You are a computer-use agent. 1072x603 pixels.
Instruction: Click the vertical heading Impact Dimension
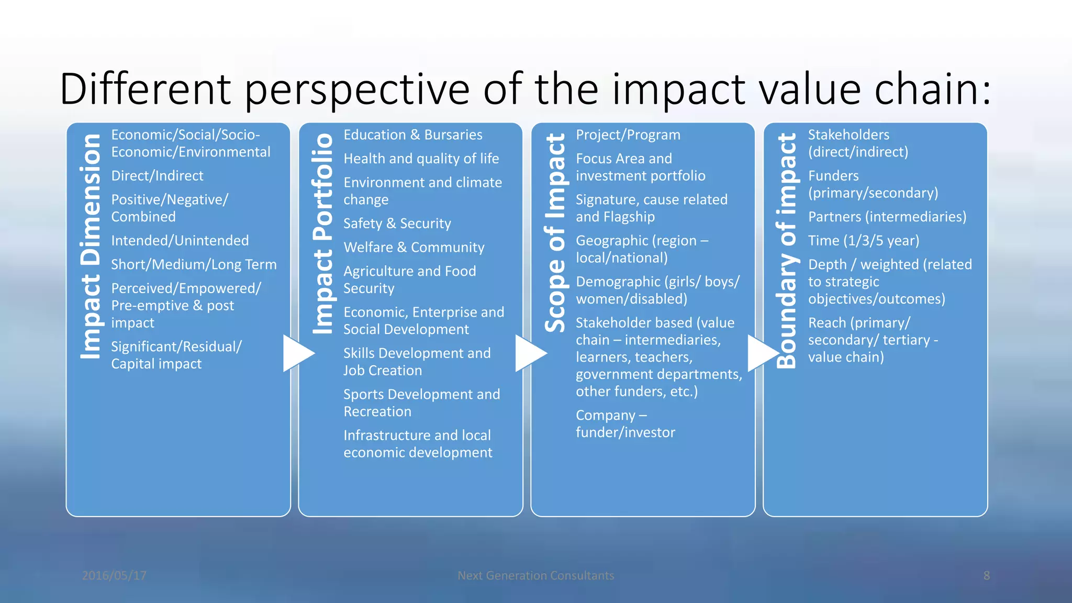pyautogui.click(x=91, y=247)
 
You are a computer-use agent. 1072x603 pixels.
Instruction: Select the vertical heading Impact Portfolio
pyautogui.click(x=323, y=234)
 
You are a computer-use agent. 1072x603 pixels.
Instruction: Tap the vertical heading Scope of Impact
pyautogui.click(x=555, y=233)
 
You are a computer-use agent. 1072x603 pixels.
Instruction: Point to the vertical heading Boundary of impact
pyautogui.click(x=787, y=251)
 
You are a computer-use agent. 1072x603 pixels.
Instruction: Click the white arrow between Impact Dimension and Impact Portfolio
pyautogui.click(x=298, y=354)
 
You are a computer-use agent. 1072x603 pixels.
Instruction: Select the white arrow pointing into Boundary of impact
pyautogui.click(x=763, y=354)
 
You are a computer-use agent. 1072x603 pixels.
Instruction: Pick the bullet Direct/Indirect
pyautogui.click(x=157, y=176)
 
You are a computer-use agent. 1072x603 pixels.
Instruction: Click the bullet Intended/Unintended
pyautogui.click(x=180, y=241)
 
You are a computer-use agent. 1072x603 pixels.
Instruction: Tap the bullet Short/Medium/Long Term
pyautogui.click(x=194, y=264)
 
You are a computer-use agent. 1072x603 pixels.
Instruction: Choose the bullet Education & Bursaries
pyautogui.click(x=412, y=135)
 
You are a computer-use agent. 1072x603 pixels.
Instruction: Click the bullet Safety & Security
pyautogui.click(x=397, y=224)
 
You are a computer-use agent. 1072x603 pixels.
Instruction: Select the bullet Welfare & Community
pyautogui.click(x=414, y=248)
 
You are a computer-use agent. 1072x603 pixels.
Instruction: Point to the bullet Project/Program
pyautogui.click(x=628, y=135)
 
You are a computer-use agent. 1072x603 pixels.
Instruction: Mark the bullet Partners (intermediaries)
pyautogui.click(x=887, y=217)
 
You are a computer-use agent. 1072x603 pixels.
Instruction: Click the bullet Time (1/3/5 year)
pyautogui.click(x=863, y=241)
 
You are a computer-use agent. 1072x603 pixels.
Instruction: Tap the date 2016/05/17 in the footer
pyautogui.click(x=114, y=576)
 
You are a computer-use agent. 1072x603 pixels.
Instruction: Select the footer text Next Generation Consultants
pyautogui.click(x=535, y=576)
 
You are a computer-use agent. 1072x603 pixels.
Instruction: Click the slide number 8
pyautogui.click(x=986, y=576)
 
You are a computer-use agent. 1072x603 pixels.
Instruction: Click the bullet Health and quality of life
pyautogui.click(x=421, y=159)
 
